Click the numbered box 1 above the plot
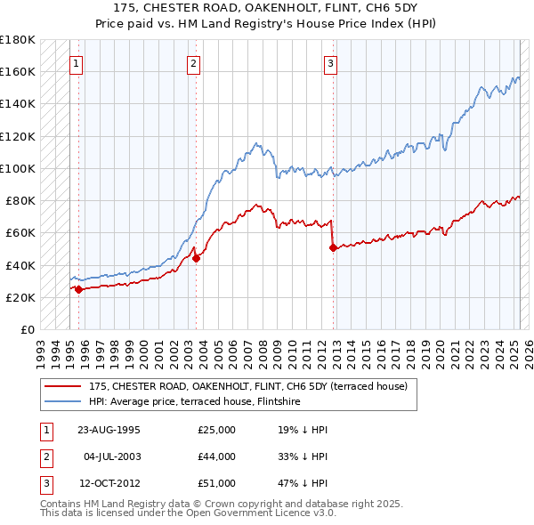[x=77, y=63]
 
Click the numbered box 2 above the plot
[x=194, y=63]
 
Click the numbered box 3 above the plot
[x=330, y=63]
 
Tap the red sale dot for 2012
[x=333, y=248]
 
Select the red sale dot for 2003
[x=197, y=259]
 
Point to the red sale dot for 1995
[x=78, y=289]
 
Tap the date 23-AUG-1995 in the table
[x=109, y=430]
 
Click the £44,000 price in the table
[x=216, y=456]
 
